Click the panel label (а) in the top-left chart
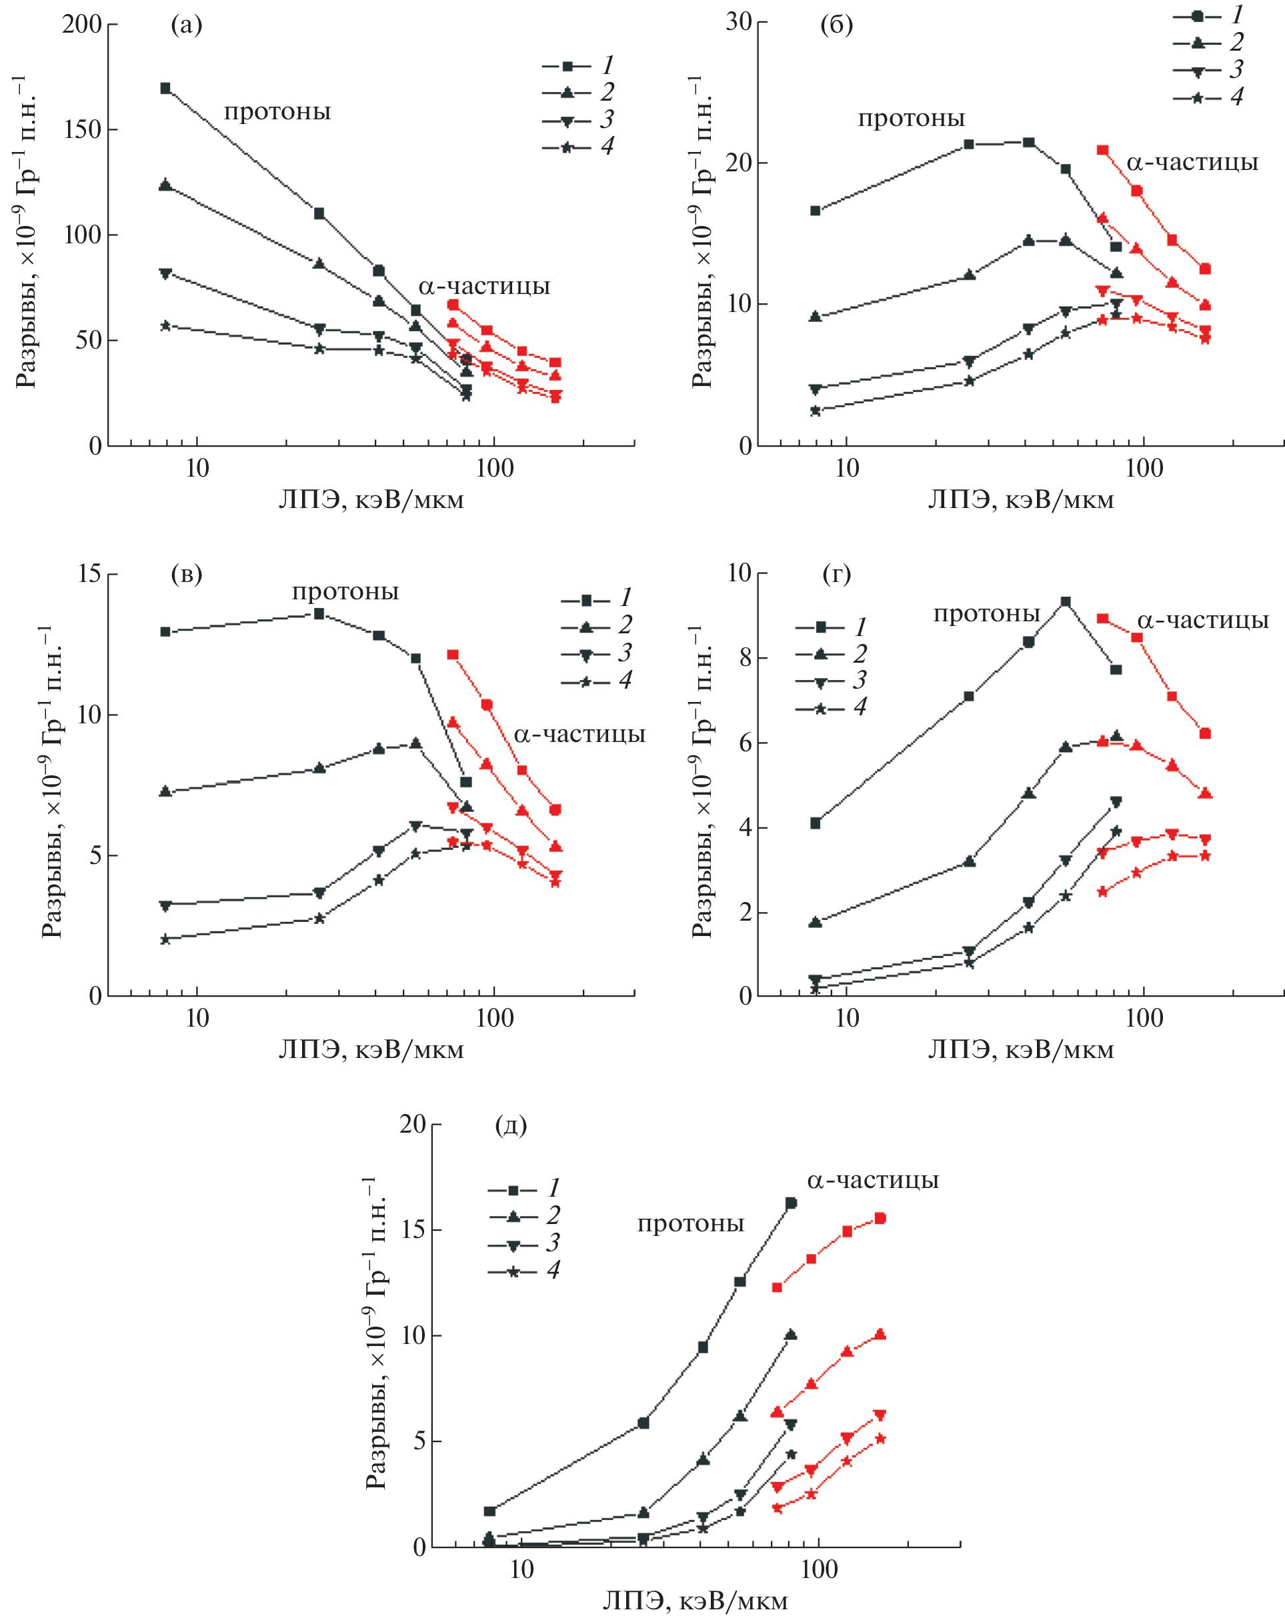tap(186, 25)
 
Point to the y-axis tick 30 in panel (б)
tap(739, 22)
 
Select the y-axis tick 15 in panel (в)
tap(89, 574)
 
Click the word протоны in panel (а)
tap(277, 112)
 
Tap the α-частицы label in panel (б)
tap(1192, 162)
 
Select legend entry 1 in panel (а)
tap(578, 66)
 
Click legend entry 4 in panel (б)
tap(1208, 97)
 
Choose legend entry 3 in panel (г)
tap(831, 681)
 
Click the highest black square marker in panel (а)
tap(165, 89)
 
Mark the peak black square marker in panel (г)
tap(1065, 602)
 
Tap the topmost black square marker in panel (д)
tap(790, 1203)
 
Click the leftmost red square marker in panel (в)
tap(453, 655)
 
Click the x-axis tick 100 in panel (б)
tap(1144, 469)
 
